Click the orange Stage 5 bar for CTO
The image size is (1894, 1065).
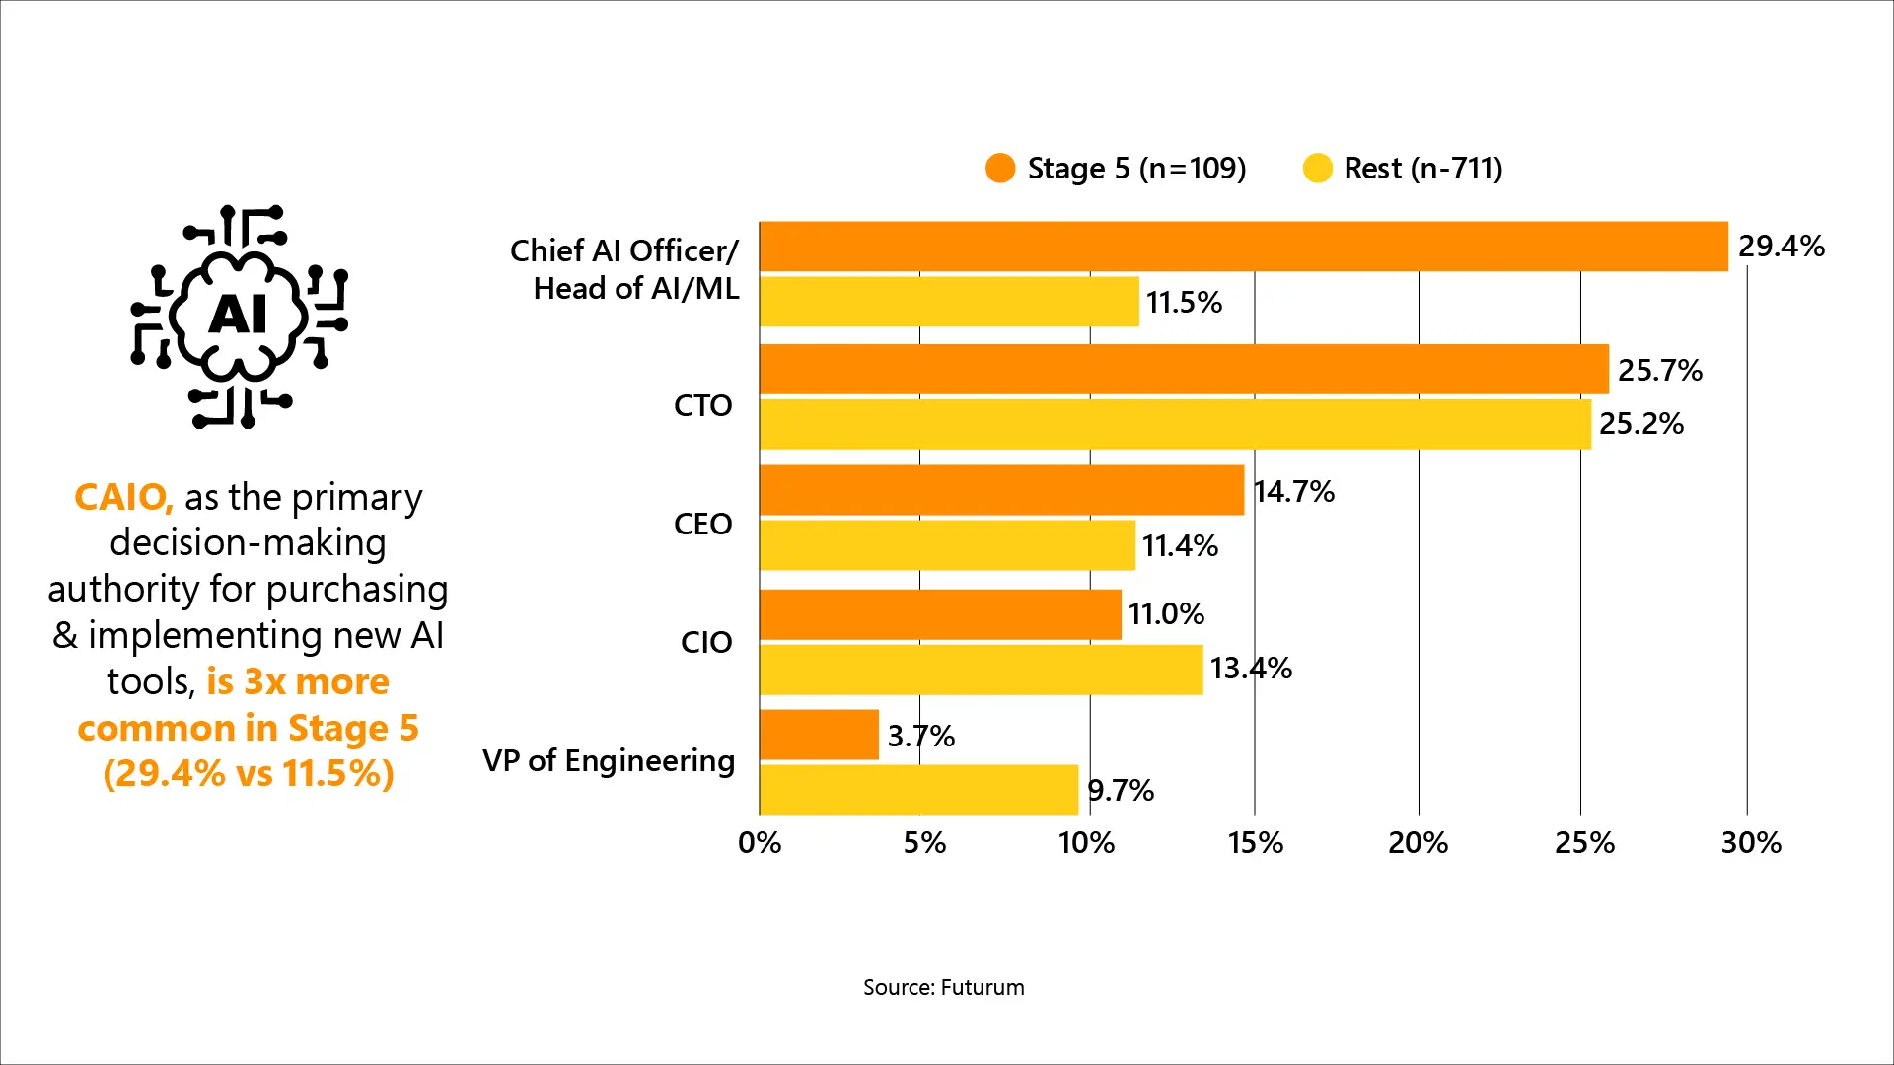pos(1184,369)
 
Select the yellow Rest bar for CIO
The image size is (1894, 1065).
pos(982,670)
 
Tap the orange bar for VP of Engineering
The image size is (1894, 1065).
pos(819,735)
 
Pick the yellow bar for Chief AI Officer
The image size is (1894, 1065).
pos(949,301)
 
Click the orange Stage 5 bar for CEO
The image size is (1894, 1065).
pos(1001,490)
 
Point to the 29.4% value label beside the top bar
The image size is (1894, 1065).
pos(1781,246)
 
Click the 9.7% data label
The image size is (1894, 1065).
pos(1121,790)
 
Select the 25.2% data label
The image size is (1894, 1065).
pos(1640,423)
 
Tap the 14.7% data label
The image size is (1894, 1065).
pos(1293,491)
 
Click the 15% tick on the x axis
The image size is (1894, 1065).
pos(1255,843)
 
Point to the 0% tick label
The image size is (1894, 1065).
pos(760,843)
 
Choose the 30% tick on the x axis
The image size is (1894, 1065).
pos(1751,843)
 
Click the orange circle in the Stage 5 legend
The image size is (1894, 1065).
pos(1000,169)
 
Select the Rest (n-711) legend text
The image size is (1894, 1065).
pos(1422,169)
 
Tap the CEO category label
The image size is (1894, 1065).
pos(702,524)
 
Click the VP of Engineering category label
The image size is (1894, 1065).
pos(609,760)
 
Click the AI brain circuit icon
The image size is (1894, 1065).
pos(239,316)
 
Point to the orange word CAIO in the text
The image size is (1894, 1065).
pos(123,497)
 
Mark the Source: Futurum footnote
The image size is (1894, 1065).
pos(943,987)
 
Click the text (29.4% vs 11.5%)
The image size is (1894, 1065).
pos(249,773)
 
